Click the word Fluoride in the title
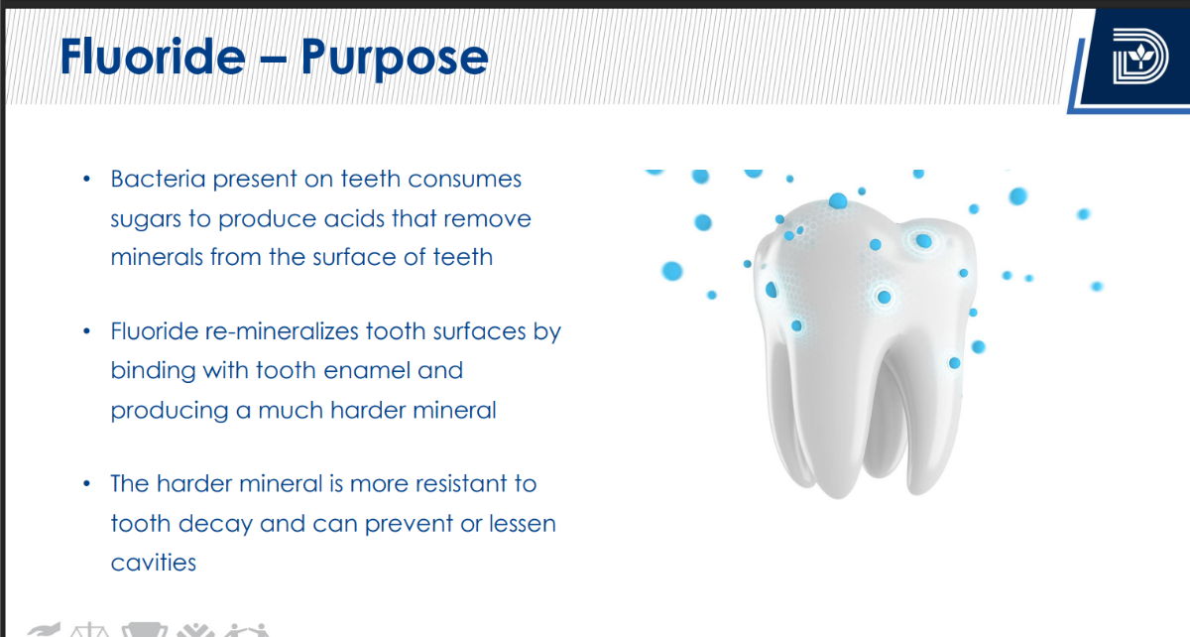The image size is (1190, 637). click(153, 56)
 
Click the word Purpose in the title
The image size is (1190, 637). click(395, 60)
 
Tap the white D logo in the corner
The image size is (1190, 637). click(1140, 56)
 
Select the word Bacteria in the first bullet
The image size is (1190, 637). click(158, 179)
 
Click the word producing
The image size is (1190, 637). click(170, 412)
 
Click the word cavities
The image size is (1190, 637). click(154, 563)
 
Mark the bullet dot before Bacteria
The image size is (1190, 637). click(87, 180)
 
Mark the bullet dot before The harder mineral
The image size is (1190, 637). click(87, 484)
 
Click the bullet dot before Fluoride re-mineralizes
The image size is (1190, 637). click(87, 331)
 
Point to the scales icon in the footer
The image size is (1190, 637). click(89, 631)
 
